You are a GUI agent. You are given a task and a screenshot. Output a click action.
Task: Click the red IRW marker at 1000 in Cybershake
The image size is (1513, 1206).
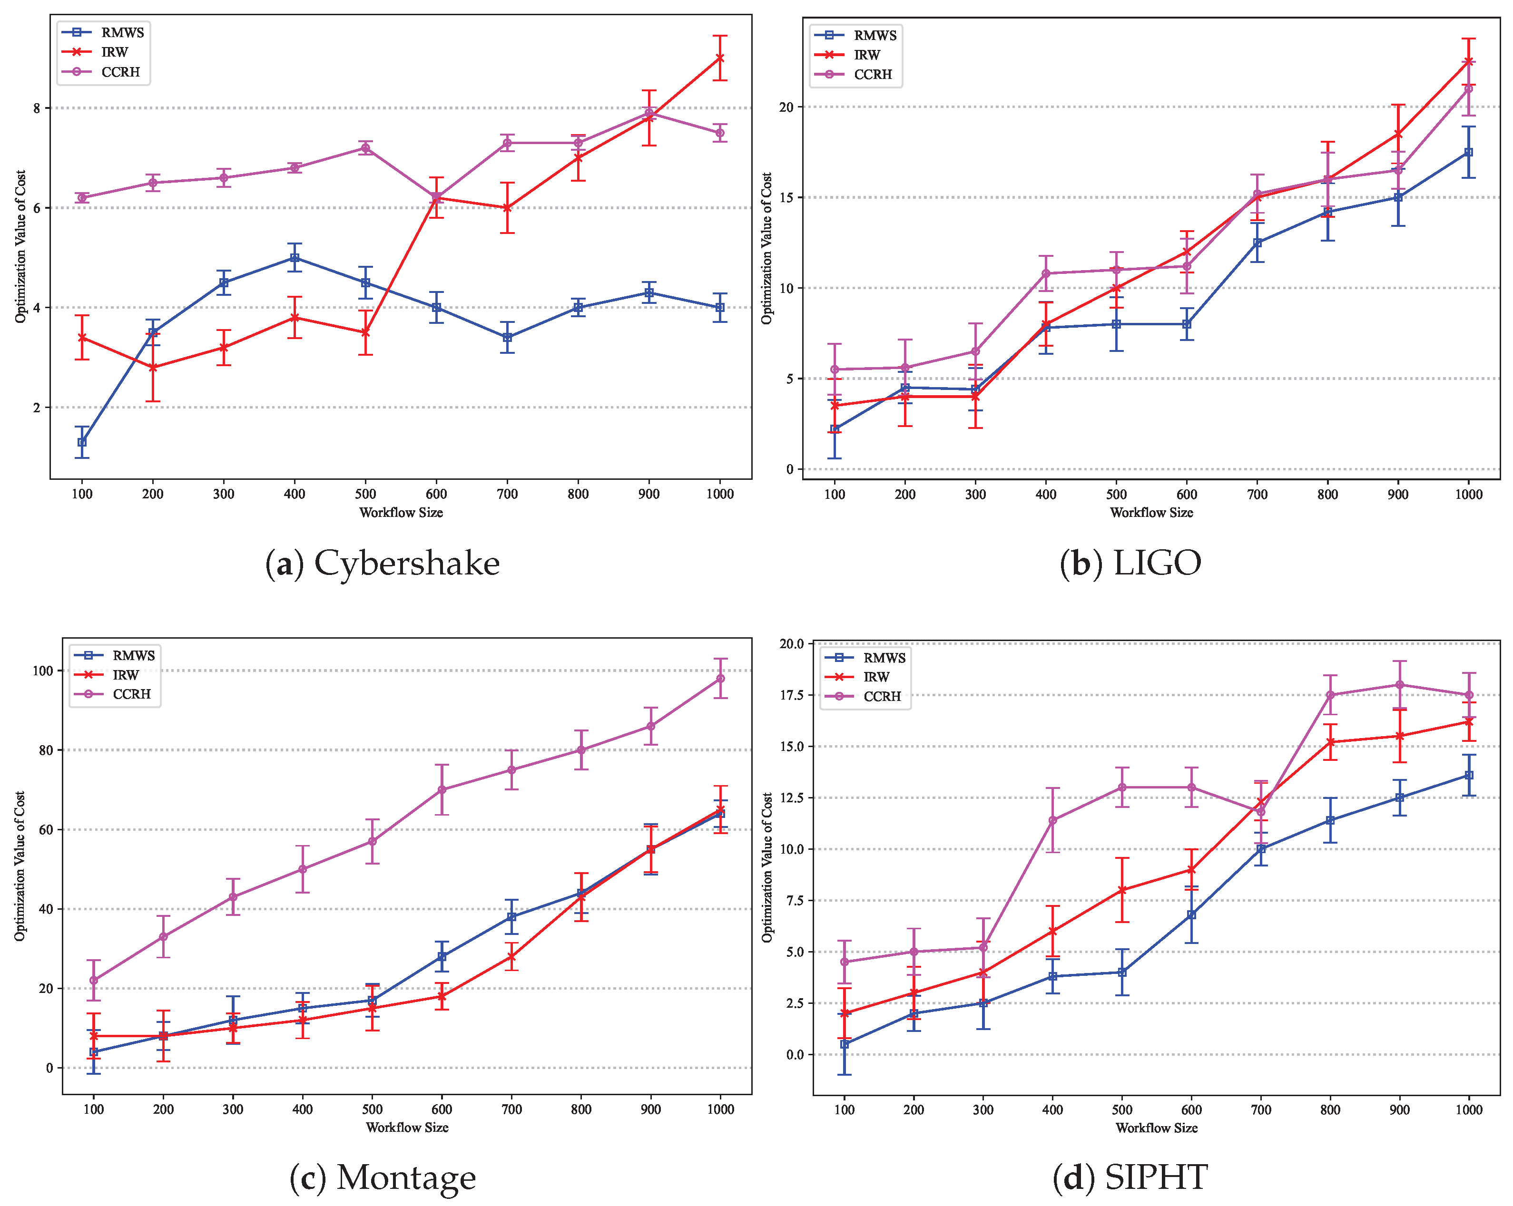point(720,58)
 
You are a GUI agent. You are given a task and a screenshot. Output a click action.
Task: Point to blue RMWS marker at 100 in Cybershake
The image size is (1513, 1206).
point(82,442)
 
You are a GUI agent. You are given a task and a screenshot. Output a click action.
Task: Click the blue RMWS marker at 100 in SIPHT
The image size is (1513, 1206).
point(844,1044)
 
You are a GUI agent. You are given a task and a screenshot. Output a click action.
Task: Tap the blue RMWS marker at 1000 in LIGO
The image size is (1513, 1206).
point(1469,152)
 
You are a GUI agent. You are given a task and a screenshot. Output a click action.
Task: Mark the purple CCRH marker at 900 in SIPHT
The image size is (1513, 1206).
point(1399,685)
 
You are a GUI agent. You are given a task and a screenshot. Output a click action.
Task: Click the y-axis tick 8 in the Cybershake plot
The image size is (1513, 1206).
point(37,108)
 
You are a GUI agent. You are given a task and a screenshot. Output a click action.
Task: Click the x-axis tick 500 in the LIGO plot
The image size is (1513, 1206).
point(1116,494)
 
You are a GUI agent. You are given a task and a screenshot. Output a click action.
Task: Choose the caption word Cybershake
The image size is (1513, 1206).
point(406,564)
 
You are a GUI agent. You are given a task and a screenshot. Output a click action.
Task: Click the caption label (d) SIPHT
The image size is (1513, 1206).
point(1130,1177)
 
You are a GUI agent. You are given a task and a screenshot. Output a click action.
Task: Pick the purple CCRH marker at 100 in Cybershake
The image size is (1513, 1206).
point(82,198)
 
